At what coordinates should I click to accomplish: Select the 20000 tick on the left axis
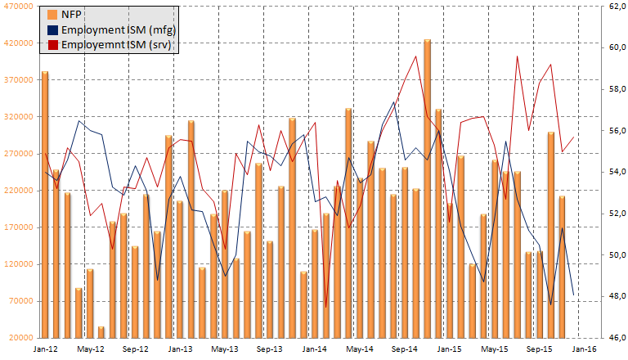pyautogui.click(x=20, y=338)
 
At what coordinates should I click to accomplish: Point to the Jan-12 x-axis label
pyautogui.click(x=44, y=349)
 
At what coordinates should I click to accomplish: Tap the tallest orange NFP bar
pyautogui.click(x=427, y=188)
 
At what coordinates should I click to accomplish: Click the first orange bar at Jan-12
pyautogui.click(x=45, y=205)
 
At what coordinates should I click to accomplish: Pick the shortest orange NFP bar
pyautogui.click(x=101, y=332)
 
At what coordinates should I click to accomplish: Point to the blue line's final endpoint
pyautogui.click(x=573, y=295)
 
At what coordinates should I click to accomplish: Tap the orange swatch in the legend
pyautogui.click(x=53, y=14)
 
